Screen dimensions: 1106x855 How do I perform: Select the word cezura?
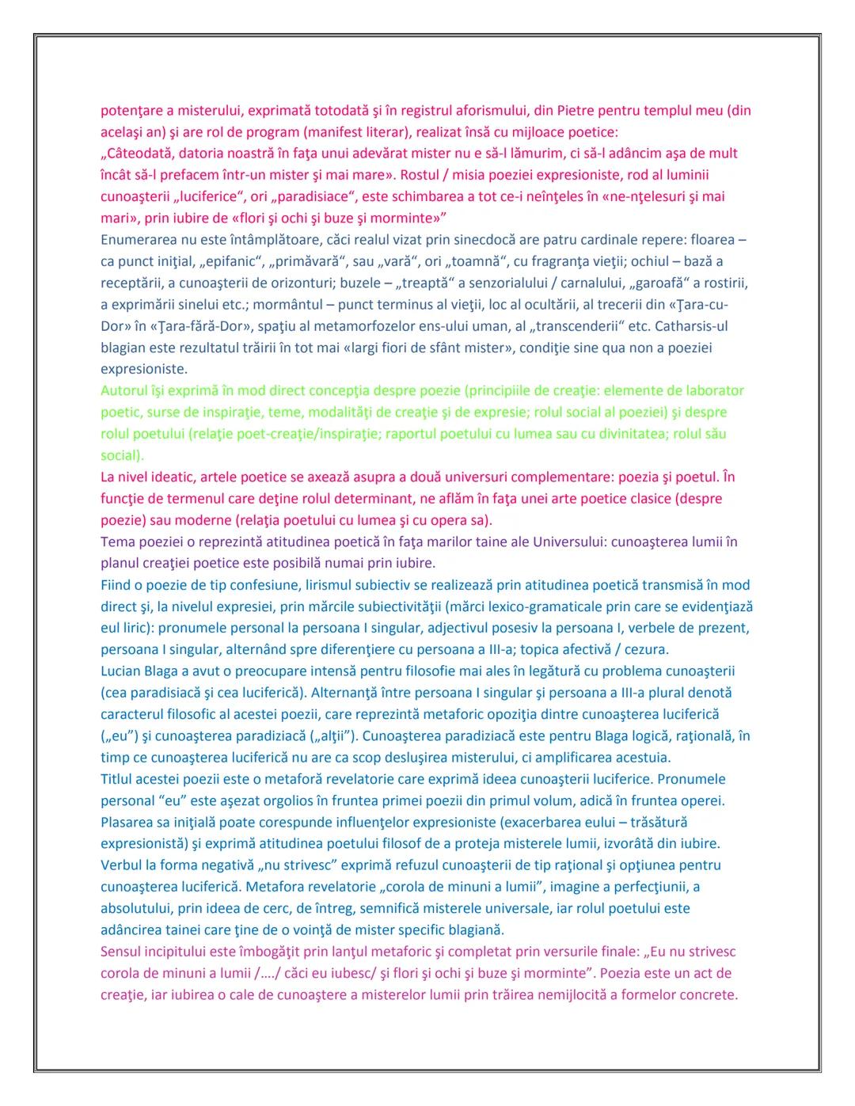(x=649, y=650)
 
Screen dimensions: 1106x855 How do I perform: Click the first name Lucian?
(x=120, y=671)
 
